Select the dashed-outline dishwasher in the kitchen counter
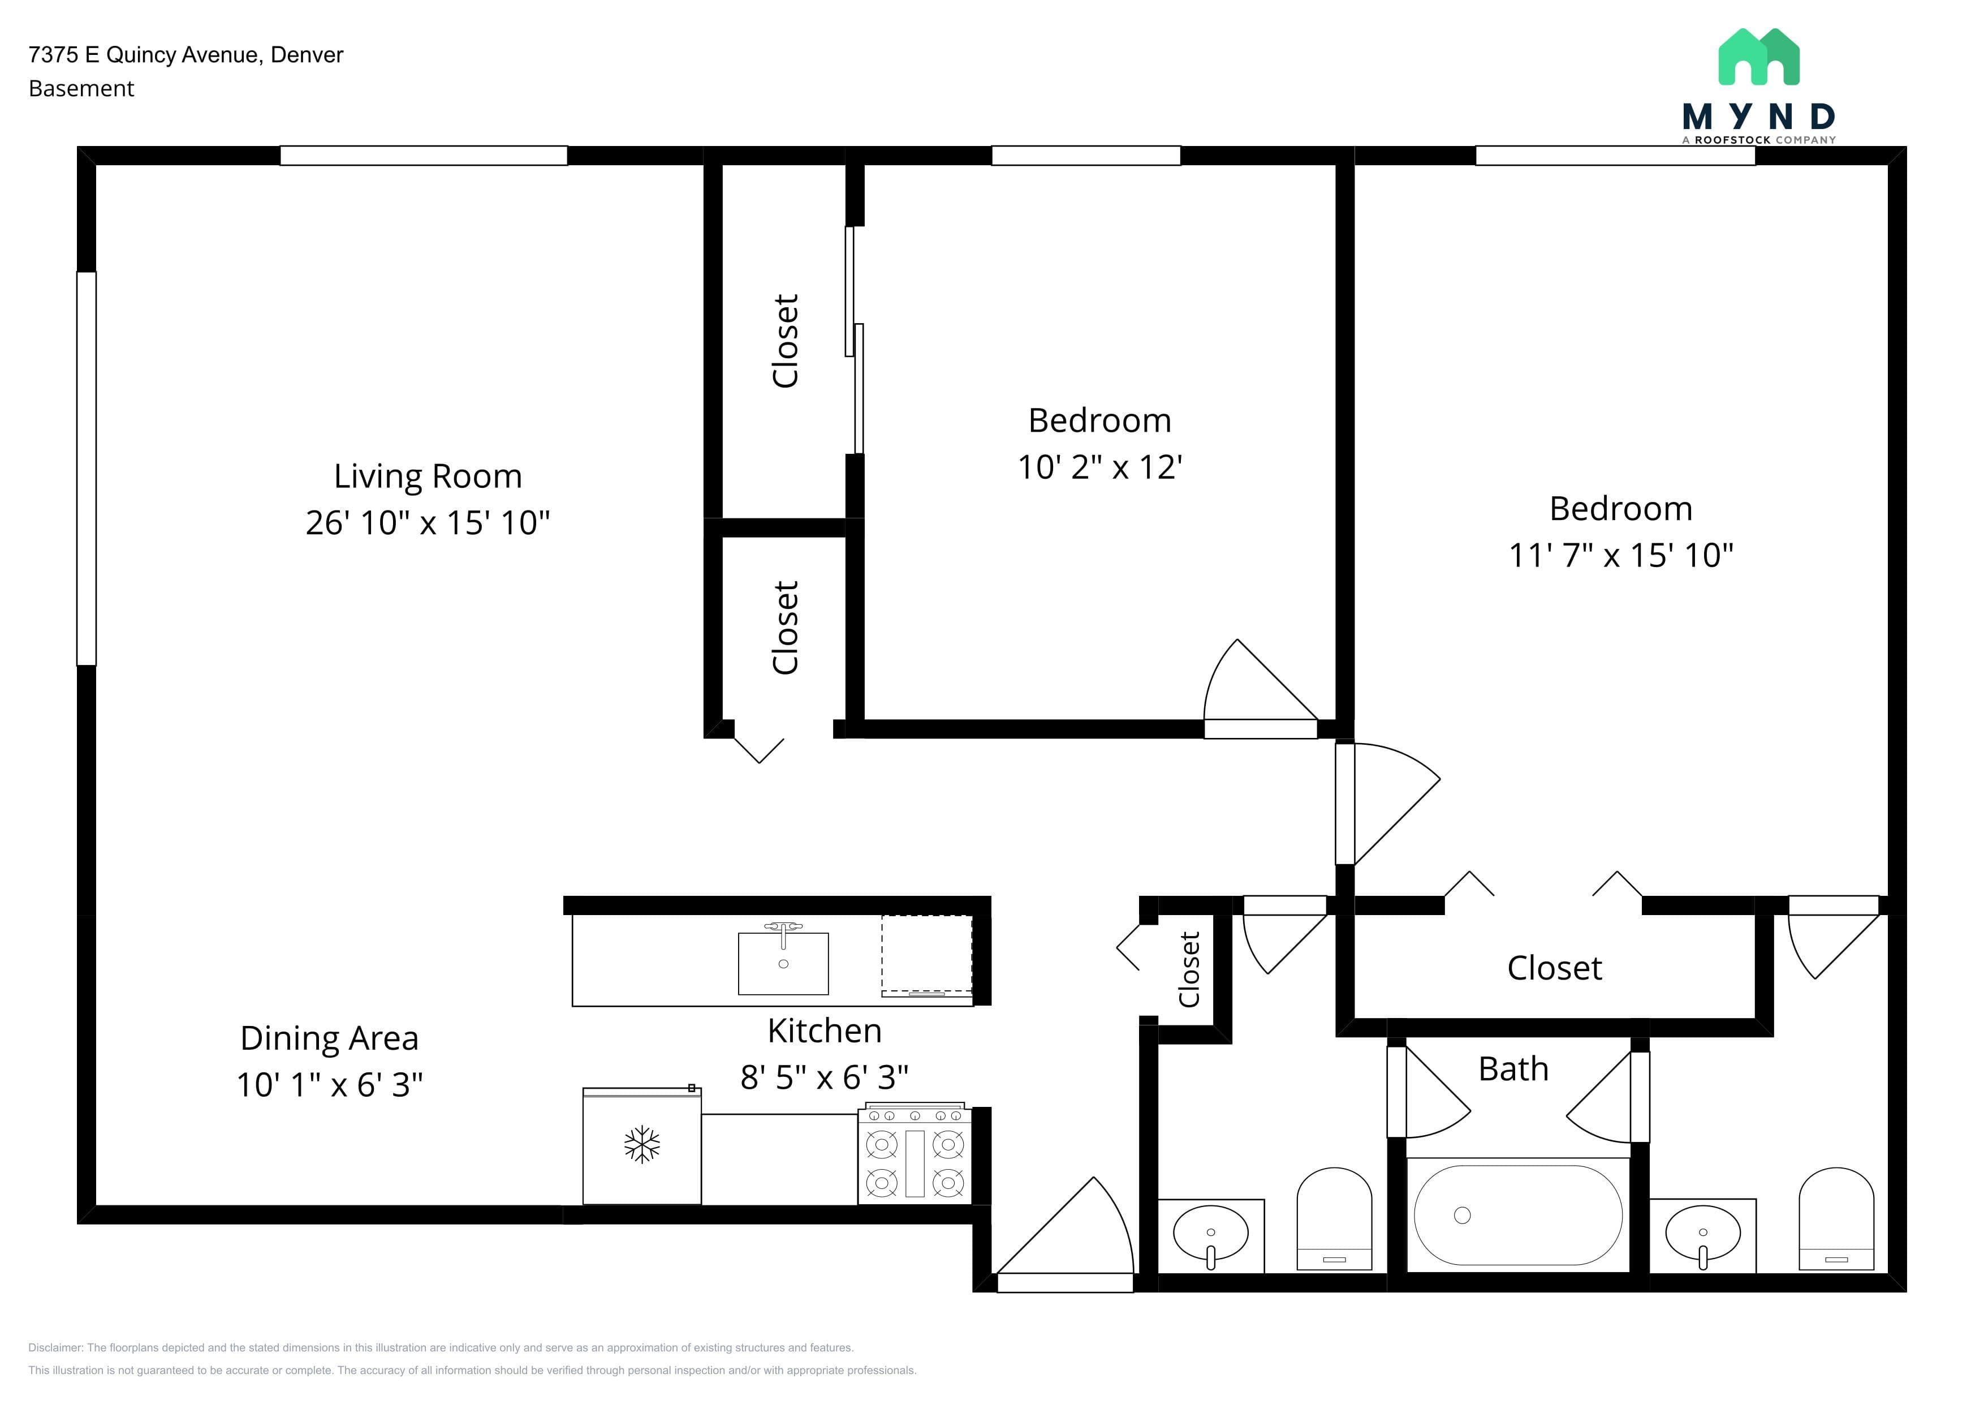(x=927, y=955)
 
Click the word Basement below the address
(x=81, y=89)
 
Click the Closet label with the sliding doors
(x=786, y=341)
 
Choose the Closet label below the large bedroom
(x=1555, y=968)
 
